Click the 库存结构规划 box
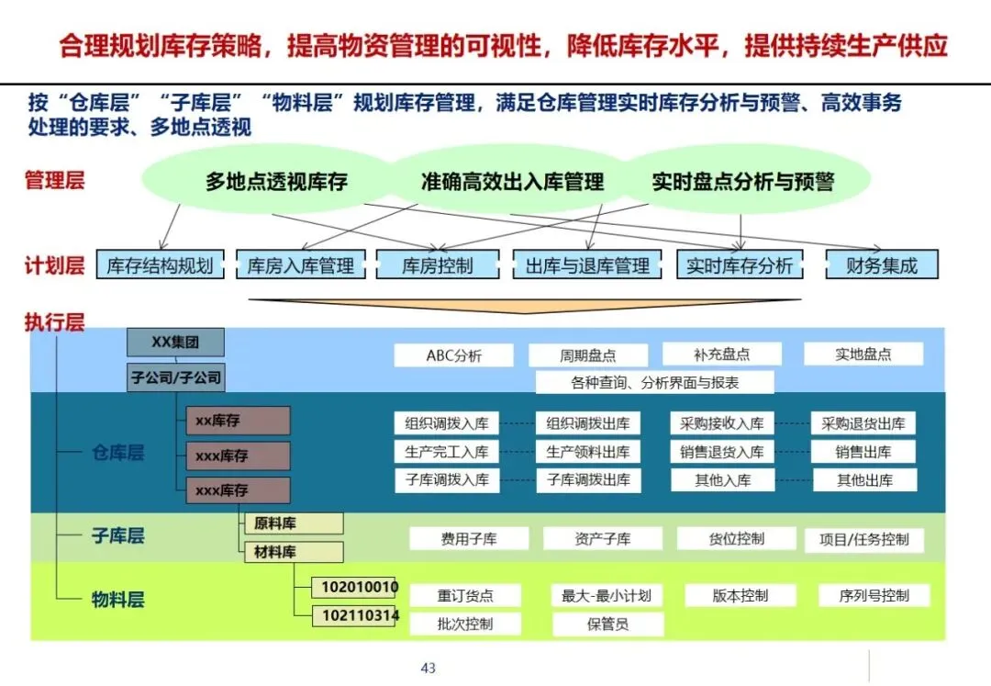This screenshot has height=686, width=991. pos(160,265)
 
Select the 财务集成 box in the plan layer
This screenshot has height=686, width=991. pos(882,265)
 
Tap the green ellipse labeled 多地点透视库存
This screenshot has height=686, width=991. pos(276,181)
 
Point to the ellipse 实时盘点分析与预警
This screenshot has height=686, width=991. pos(742,181)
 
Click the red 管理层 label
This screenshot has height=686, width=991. pos(54,180)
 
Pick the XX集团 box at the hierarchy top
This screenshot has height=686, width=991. pos(175,343)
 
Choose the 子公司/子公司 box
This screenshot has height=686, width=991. pos(175,377)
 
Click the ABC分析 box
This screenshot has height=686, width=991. pos(453,355)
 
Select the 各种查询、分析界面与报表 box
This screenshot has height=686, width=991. pos(654,382)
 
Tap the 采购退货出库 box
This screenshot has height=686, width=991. pos(863,423)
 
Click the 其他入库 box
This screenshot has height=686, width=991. pos(722,479)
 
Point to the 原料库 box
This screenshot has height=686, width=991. pos(293,523)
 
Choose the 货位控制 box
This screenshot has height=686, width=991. pos(736,539)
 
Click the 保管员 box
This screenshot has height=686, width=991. pos(607,624)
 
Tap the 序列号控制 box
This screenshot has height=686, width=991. pos(874,595)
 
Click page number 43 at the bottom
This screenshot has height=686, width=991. pos(428,668)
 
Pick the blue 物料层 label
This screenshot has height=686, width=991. pos(117,601)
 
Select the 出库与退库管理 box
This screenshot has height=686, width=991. pos(587,265)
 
